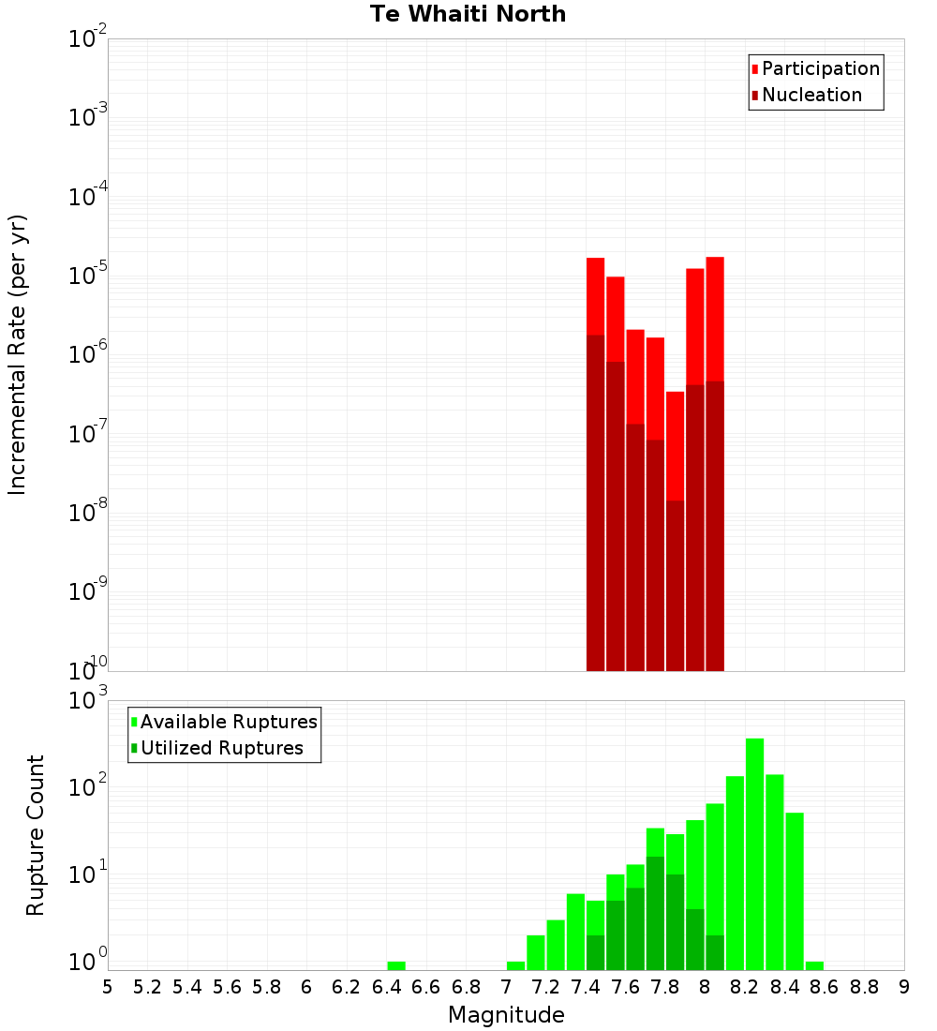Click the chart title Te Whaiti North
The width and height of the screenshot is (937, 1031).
click(468, 14)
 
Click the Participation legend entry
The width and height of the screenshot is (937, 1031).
click(820, 68)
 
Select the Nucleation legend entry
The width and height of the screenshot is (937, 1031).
click(811, 95)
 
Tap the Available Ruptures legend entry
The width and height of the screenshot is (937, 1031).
click(228, 722)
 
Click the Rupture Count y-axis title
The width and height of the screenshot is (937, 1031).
click(36, 835)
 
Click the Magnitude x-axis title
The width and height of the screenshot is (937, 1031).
click(506, 1014)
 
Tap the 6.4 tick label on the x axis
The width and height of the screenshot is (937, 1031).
click(386, 987)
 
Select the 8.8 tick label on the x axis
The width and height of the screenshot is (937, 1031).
click(864, 987)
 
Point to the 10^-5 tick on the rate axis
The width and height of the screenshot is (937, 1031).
click(88, 276)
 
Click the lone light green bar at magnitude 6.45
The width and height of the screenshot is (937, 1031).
click(396, 965)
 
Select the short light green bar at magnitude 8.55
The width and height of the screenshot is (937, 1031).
click(814, 965)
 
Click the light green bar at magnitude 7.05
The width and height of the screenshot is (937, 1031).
click(515, 965)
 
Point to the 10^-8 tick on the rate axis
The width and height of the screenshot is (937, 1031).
click(88, 513)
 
